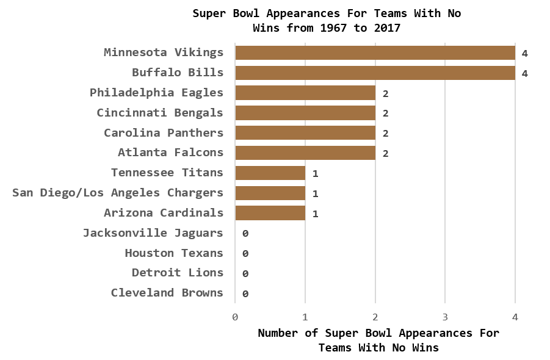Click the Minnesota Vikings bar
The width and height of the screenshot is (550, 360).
(x=375, y=52)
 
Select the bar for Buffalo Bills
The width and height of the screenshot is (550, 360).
(x=375, y=73)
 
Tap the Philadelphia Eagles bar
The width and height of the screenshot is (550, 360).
(x=305, y=93)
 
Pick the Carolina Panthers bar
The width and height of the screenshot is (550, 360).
(x=305, y=133)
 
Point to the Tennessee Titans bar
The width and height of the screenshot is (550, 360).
(x=270, y=173)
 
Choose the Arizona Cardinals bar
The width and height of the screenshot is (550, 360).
(x=270, y=213)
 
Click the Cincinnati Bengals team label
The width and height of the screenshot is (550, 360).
(x=160, y=113)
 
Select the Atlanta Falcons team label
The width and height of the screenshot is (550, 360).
(x=170, y=153)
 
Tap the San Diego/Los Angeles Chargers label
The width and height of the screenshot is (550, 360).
(x=118, y=193)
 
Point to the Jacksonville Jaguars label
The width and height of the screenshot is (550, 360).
(x=153, y=233)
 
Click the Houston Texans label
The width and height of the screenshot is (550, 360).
(x=174, y=253)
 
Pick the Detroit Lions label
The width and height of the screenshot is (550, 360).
(x=178, y=273)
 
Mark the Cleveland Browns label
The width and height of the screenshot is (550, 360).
(x=167, y=293)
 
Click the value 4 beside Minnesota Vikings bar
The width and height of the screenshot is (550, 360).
(x=524, y=54)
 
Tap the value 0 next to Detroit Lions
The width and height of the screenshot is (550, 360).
(x=245, y=274)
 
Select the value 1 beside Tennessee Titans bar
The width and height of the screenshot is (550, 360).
(x=315, y=174)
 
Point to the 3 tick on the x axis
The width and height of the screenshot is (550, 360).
(x=445, y=317)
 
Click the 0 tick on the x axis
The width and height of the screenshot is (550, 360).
(x=235, y=317)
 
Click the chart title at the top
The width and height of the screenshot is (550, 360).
(x=327, y=20)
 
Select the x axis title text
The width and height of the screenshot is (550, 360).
(x=378, y=340)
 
